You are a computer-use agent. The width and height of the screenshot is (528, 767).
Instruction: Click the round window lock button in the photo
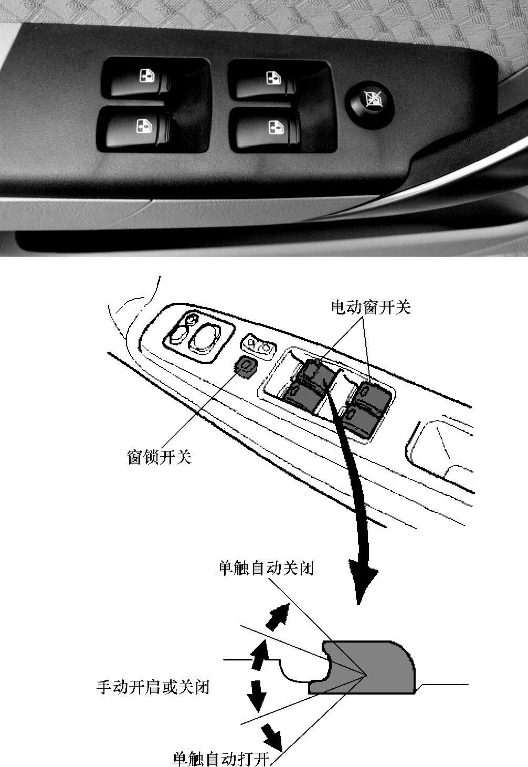click(369, 105)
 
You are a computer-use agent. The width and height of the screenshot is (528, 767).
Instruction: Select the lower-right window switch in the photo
click(268, 132)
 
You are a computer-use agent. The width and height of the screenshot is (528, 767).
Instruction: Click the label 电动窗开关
click(371, 307)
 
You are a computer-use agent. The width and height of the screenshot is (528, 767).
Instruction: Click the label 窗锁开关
click(159, 457)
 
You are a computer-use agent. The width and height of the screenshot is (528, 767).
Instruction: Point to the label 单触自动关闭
click(266, 569)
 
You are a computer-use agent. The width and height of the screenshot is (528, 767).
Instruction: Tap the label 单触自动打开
click(221, 759)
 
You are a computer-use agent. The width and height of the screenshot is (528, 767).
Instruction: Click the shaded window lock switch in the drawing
click(245, 367)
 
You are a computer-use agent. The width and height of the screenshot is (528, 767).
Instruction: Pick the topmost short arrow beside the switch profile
click(279, 617)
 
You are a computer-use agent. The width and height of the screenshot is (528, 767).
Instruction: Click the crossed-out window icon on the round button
click(373, 99)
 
